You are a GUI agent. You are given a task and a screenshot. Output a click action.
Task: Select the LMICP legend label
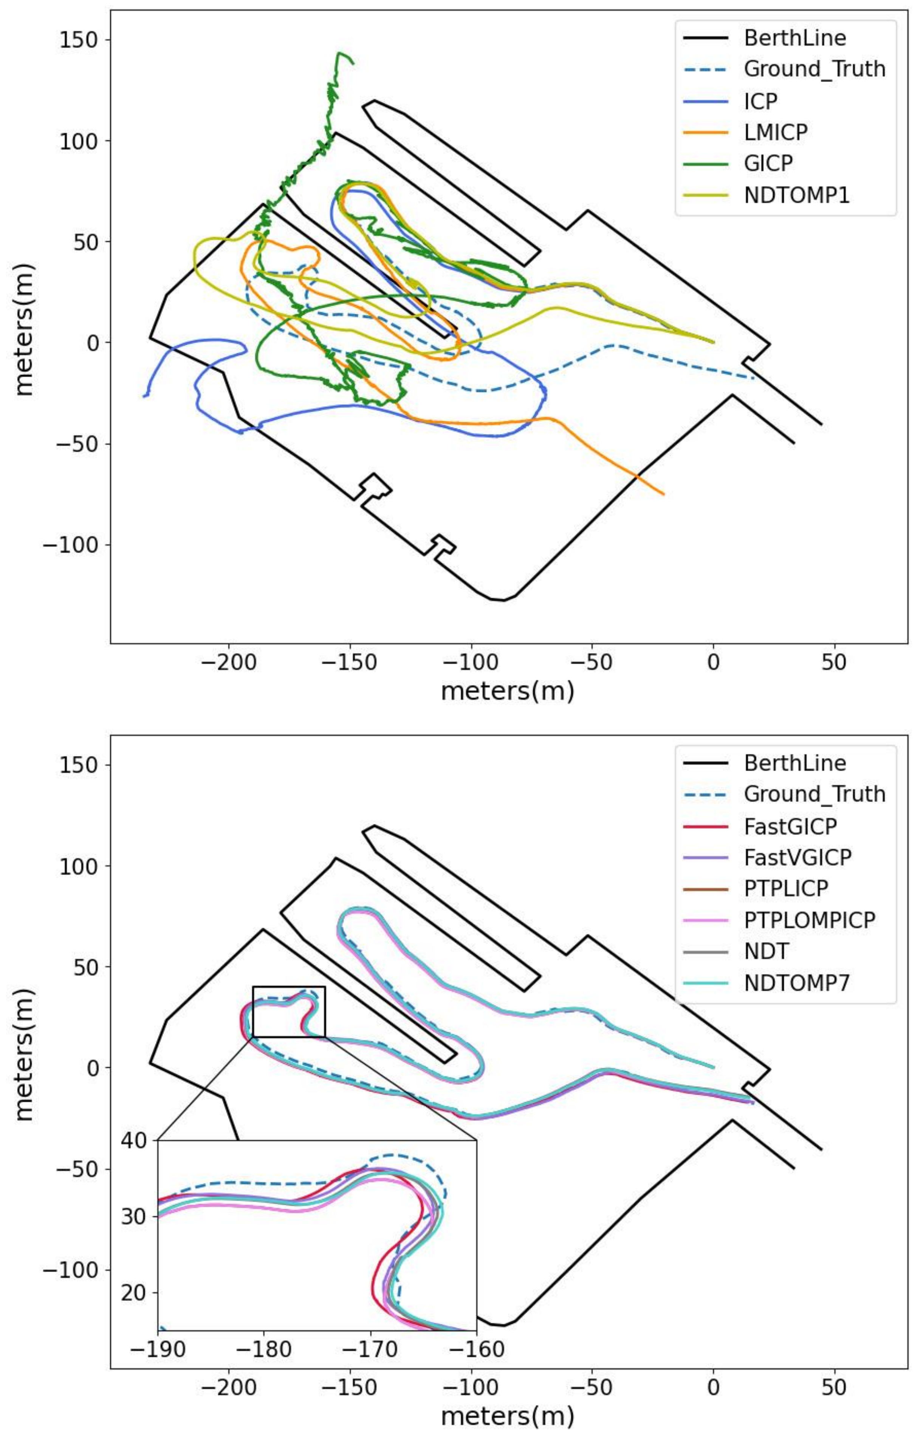[x=776, y=132]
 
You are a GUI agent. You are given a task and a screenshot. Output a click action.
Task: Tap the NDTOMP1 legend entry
[x=796, y=195]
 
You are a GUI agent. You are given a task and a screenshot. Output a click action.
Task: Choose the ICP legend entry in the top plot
[x=760, y=100]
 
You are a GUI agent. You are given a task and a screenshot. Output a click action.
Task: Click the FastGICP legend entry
[x=790, y=826]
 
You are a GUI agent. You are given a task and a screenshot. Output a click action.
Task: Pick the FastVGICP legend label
[x=797, y=857]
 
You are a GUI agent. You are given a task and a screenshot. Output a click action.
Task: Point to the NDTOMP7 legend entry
[x=796, y=983]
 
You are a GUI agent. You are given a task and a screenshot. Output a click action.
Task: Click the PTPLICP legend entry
[x=786, y=889]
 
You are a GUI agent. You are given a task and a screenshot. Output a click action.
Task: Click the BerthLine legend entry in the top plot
[x=795, y=38]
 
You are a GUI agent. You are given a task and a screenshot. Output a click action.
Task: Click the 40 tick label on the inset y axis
[x=134, y=1140]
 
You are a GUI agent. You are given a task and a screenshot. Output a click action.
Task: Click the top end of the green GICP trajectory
[x=340, y=53]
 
